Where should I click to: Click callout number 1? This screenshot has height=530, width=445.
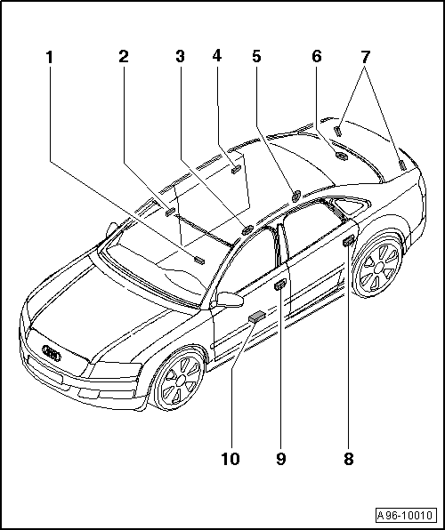50,58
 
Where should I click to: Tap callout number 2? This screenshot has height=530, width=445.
124,56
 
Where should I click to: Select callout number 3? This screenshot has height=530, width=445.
180,56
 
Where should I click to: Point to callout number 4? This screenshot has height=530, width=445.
217,56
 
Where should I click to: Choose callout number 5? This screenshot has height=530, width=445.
256,56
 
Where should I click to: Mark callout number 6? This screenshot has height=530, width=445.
317,56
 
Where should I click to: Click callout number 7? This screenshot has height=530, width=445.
365,57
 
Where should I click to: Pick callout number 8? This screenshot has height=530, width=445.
349,459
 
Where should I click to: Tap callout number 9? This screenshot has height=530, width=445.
281,459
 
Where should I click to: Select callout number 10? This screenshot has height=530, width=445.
231,459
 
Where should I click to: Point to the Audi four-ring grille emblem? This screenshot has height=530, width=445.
52,352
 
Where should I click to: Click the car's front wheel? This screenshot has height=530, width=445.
181,380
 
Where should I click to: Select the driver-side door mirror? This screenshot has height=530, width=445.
230,300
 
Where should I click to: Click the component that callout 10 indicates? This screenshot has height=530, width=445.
257,317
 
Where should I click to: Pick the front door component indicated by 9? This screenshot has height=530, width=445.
280,285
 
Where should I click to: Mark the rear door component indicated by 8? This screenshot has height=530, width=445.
348,242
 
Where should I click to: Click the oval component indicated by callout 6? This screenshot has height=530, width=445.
341,156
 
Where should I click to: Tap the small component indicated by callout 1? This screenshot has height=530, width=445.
199,260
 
